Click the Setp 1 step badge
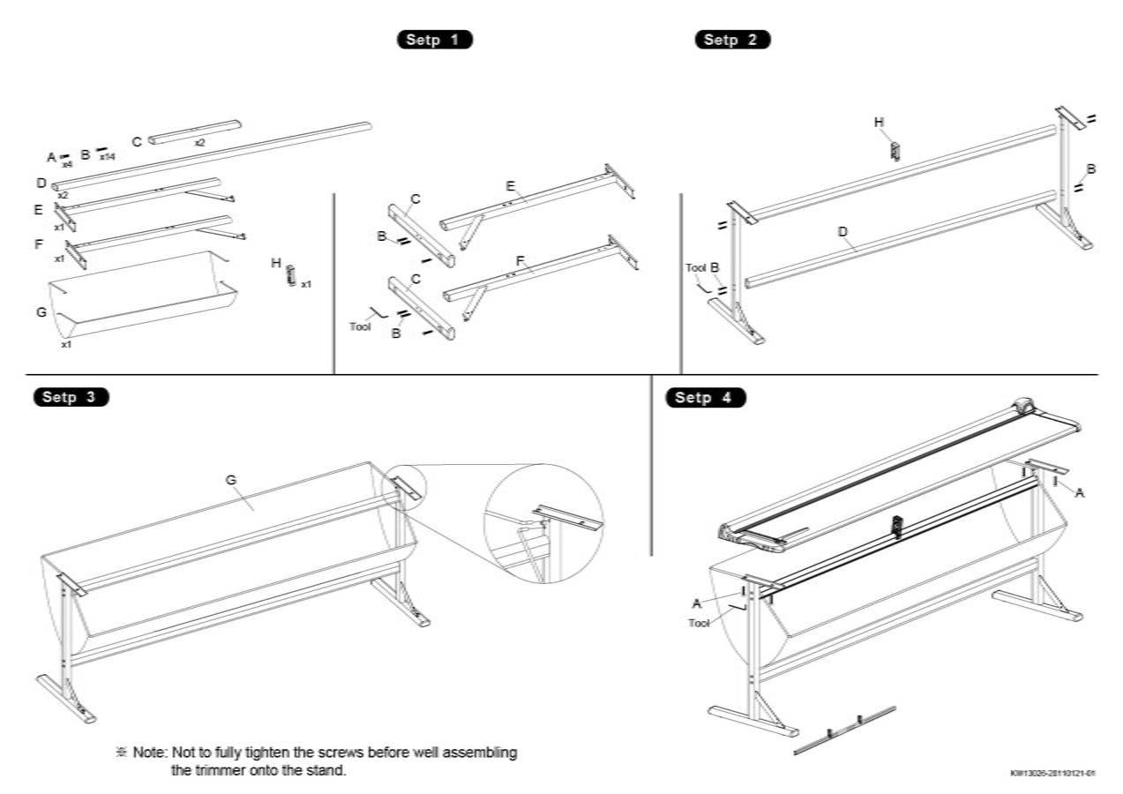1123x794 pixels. coord(435,40)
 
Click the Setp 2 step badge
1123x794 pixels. coord(732,40)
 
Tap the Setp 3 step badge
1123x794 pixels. coord(71,397)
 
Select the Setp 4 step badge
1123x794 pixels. coord(706,398)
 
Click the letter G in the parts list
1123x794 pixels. coord(41,312)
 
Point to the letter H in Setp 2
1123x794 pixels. coord(879,122)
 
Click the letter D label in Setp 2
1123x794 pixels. coord(842,231)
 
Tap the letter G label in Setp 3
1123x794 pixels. coord(231,480)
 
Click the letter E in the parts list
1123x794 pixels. coord(39,210)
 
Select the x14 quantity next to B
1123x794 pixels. coord(107,156)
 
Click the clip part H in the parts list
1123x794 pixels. coord(289,275)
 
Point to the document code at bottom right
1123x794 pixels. coord(1052,774)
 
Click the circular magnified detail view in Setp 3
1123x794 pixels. coord(543,523)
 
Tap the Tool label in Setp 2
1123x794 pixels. coord(696,267)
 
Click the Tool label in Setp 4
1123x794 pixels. coord(699,623)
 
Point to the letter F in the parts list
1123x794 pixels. coord(39,243)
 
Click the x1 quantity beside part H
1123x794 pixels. coord(306,285)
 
